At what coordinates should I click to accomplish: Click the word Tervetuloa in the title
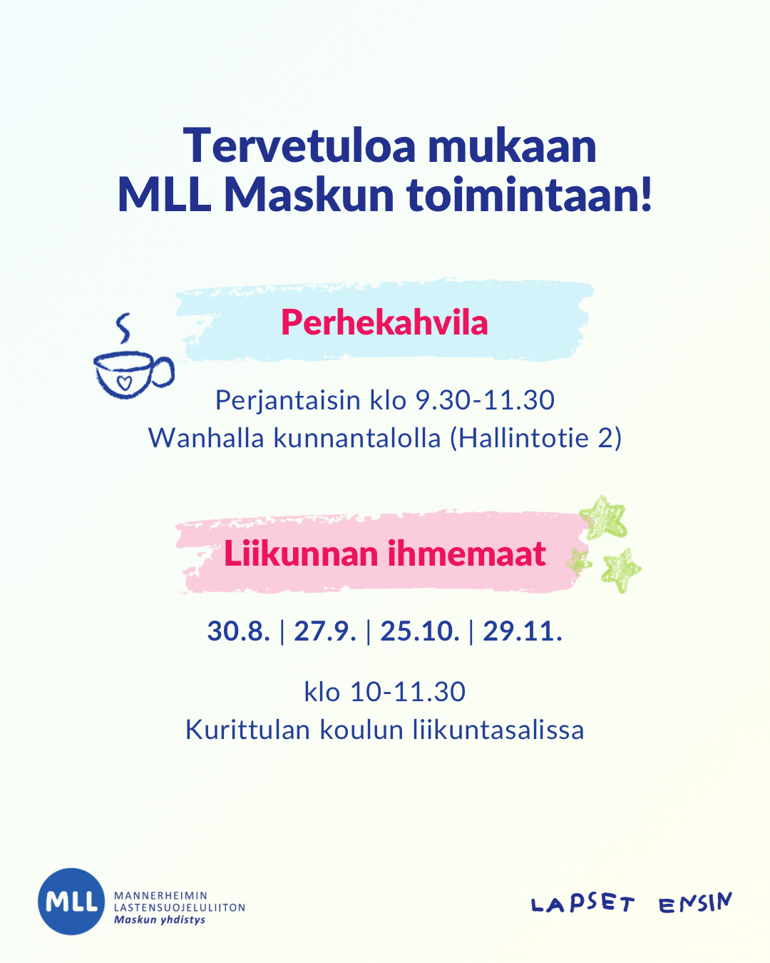(x=299, y=146)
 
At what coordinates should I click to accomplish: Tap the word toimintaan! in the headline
(x=529, y=195)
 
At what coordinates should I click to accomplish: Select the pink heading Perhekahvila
(x=384, y=322)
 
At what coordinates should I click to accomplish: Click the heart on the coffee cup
(x=124, y=382)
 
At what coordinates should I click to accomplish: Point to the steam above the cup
(x=123, y=328)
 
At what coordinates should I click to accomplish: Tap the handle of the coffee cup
(x=163, y=371)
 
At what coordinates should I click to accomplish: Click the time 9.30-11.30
(x=485, y=399)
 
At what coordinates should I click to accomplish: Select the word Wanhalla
(x=206, y=438)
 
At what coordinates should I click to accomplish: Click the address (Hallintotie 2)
(x=536, y=438)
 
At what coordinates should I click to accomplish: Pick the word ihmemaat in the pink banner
(x=467, y=554)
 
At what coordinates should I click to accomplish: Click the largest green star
(x=603, y=517)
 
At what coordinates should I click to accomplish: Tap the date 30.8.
(x=238, y=631)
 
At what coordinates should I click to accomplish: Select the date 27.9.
(x=325, y=631)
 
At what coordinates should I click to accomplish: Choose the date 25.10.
(x=420, y=631)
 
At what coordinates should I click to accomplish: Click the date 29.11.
(x=522, y=631)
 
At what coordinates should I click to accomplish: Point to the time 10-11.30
(x=408, y=692)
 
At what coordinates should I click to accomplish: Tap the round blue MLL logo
(x=71, y=901)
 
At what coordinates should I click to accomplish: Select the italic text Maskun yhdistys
(x=160, y=920)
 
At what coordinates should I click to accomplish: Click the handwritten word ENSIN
(x=696, y=902)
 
